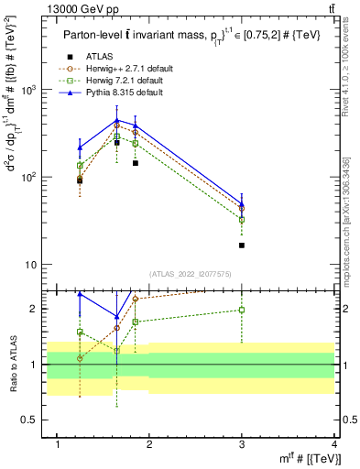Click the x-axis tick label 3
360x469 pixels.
[242, 444]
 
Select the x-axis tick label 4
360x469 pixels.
[334, 444]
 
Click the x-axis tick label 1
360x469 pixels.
[58, 444]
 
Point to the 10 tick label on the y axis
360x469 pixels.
[30, 265]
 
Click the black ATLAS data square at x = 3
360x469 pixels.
[242, 245]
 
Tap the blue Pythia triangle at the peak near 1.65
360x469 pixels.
[117, 120]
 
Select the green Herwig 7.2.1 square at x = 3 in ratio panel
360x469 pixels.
[242, 310]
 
